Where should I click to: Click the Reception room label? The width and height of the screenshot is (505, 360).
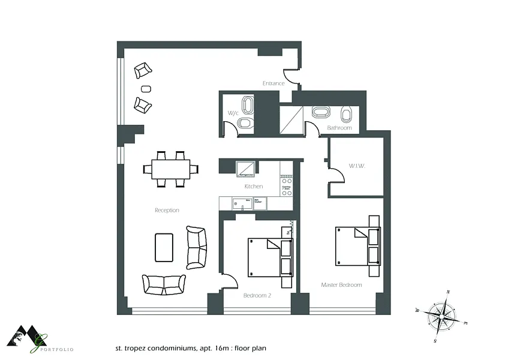click(x=167, y=210)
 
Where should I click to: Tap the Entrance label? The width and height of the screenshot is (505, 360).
click(x=273, y=83)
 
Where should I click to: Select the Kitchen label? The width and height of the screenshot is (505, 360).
click(x=253, y=187)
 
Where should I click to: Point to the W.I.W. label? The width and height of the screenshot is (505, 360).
click(x=357, y=166)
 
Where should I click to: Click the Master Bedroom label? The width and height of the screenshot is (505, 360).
click(x=341, y=285)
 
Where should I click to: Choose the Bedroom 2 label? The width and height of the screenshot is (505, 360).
click(x=257, y=295)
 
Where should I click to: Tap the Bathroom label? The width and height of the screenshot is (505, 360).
click(x=339, y=128)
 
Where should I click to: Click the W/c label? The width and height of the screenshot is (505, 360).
click(x=233, y=113)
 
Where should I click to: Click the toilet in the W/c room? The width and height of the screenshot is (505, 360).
click(x=244, y=124)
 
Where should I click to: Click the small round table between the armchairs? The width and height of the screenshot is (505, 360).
click(x=145, y=88)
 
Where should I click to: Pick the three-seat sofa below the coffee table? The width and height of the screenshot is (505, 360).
click(x=163, y=284)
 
